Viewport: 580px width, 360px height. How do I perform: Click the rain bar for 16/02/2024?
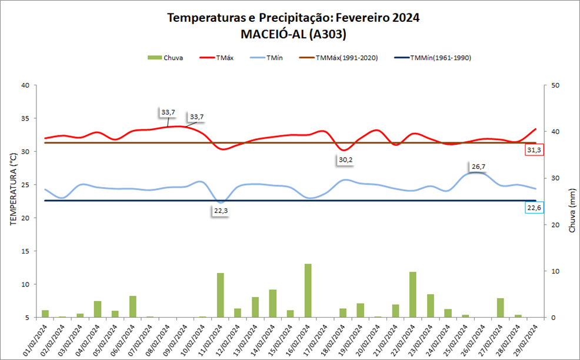pyautogui.click(x=308, y=291)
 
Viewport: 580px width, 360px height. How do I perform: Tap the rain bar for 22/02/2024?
pyautogui.click(x=413, y=295)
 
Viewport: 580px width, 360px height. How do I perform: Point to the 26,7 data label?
pyautogui.click(x=478, y=166)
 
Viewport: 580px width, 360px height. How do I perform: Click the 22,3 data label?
pyautogui.click(x=221, y=211)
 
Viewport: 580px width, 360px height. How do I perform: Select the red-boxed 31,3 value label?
pyautogui.click(x=534, y=151)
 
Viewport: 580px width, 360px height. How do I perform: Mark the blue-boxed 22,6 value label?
pyautogui.click(x=535, y=208)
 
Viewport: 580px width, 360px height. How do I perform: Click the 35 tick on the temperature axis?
pyautogui.click(x=25, y=118)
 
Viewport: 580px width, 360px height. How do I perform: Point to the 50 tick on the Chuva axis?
pyautogui.click(x=555, y=85)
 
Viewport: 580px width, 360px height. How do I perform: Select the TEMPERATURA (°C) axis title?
pyautogui.click(x=12, y=189)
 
